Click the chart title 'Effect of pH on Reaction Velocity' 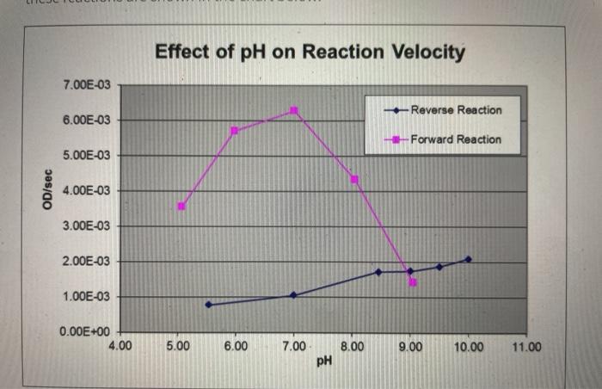310,52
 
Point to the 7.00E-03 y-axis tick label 86,85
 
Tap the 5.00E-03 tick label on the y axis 86,156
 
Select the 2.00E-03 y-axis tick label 86,262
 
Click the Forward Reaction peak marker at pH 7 294,110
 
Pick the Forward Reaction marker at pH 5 181,206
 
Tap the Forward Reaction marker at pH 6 235,130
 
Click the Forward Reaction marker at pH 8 354,179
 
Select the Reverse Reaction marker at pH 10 468,259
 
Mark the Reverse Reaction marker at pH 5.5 208,305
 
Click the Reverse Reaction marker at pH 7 293,295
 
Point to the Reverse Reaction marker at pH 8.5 378,272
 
